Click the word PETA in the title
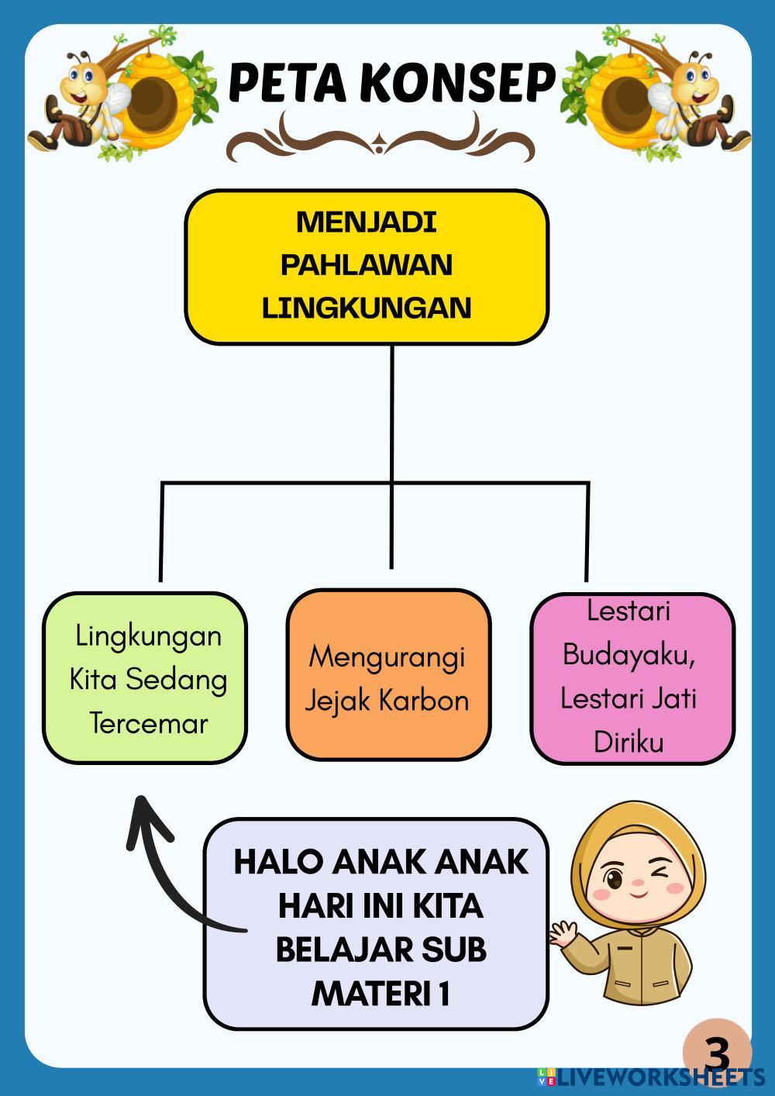tap(287, 83)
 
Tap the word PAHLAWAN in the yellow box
tap(366, 265)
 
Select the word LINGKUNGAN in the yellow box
tap(366, 308)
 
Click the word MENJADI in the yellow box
tap(366, 222)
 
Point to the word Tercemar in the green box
tap(148, 723)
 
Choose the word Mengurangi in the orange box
tap(387, 657)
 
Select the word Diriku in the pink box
tap(629, 743)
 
